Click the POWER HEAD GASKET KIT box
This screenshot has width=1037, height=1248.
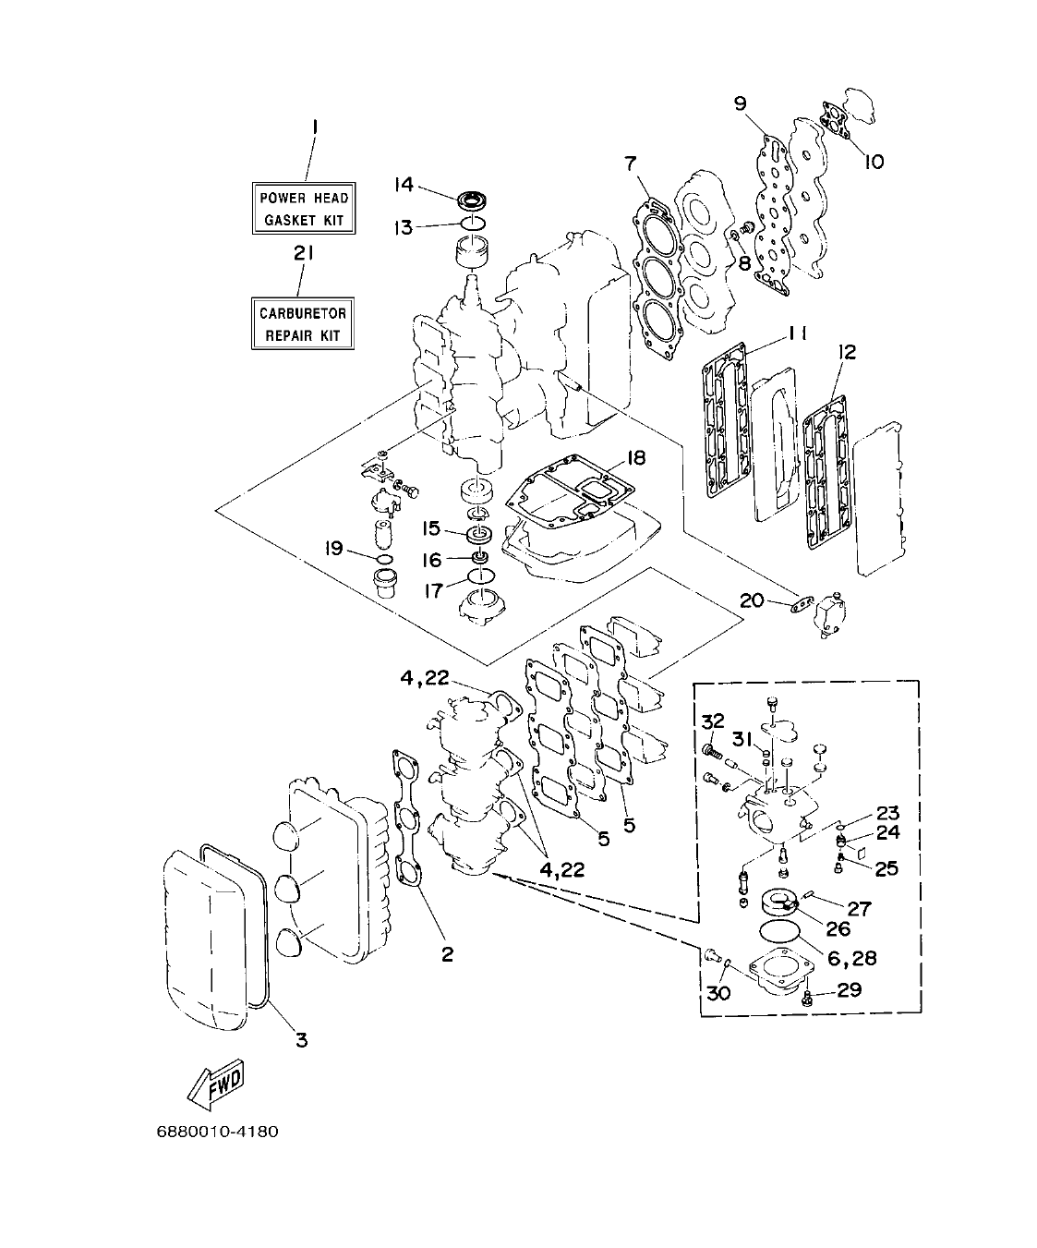(303, 209)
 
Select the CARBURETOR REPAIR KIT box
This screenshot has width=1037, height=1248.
(303, 323)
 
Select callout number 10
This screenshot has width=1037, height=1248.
(873, 162)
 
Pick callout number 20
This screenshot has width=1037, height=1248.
(753, 601)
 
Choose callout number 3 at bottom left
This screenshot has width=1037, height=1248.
(301, 1040)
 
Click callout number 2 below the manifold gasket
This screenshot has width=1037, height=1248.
(447, 955)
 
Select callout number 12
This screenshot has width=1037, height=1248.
(846, 352)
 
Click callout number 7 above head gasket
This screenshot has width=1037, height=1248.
(631, 164)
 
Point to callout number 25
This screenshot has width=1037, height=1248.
(886, 868)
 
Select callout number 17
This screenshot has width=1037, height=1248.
(434, 589)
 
